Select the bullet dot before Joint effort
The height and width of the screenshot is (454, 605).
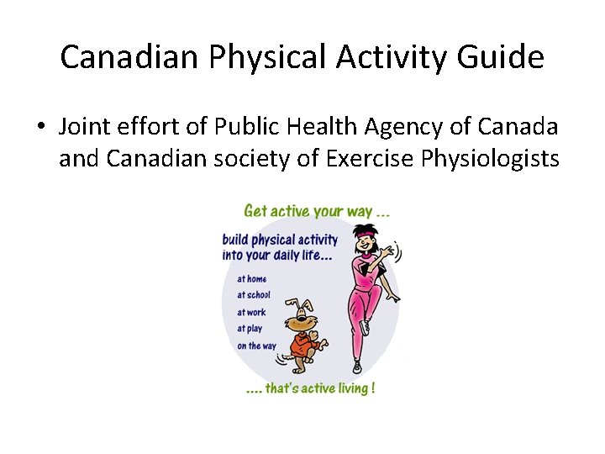39,127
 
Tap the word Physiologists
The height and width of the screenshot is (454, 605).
483,157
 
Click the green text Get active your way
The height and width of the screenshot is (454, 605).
316,211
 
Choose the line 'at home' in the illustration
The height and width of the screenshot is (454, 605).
251,279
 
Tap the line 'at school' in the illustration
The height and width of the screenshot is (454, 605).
253,295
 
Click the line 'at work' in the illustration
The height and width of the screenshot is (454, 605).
250,312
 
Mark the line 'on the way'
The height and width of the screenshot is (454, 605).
255,346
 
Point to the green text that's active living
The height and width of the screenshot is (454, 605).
308,388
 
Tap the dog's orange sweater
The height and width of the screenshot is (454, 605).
301,344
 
